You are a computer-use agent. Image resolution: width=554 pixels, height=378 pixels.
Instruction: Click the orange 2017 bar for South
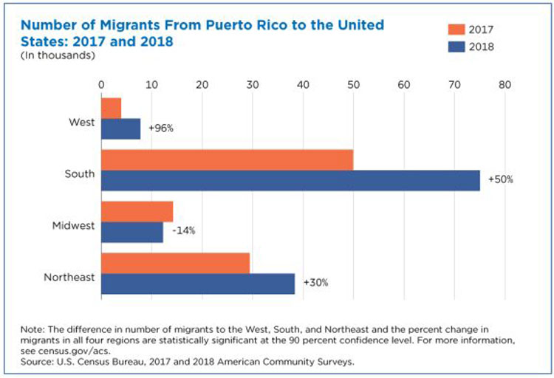pyautogui.click(x=227, y=159)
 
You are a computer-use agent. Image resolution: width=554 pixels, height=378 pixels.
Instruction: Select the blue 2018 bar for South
pyautogui.click(x=290, y=180)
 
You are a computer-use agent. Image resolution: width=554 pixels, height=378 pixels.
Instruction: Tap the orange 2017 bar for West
pyautogui.click(x=111, y=108)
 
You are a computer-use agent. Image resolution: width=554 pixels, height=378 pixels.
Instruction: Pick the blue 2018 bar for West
pyautogui.click(x=120, y=128)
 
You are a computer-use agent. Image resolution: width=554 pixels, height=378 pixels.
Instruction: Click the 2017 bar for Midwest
pyautogui.click(x=137, y=211)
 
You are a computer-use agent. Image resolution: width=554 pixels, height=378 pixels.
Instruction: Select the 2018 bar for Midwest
pyautogui.click(x=131, y=232)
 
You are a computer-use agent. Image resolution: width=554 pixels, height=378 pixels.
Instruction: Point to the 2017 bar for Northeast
pyautogui.click(x=175, y=263)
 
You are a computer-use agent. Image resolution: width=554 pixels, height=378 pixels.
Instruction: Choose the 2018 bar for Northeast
pyautogui.click(x=197, y=283)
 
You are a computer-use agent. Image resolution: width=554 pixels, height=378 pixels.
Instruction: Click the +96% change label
pyautogui.click(x=160, y=128)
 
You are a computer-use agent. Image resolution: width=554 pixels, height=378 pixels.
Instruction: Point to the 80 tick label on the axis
pyautogui.click(x=505, y=85)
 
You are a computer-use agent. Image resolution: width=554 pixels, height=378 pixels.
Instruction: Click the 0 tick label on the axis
pyautogui.click(x=101, y=85)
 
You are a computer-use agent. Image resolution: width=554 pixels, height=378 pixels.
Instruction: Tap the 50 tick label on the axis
pyautogui.click(x=353, y=85)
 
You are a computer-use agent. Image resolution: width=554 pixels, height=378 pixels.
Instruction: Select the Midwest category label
pyautogui.click(x=73, y=225)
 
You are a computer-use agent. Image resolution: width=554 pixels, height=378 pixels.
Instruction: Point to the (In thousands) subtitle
pyautogui.click(x=47, y=55)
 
